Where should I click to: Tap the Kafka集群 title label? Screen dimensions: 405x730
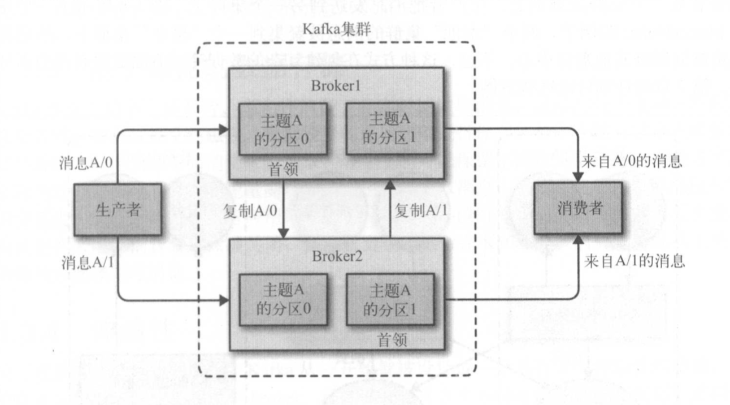337,30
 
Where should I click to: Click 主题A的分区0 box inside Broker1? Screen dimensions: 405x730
283,129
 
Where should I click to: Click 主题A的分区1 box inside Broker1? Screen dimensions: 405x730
390,128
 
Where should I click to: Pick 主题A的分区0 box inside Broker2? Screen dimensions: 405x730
283,300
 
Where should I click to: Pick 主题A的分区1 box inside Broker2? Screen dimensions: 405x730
390,300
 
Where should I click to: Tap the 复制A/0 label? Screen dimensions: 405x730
251,210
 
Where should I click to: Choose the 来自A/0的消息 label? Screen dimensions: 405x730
632,162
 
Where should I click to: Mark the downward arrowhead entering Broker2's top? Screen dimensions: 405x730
284,234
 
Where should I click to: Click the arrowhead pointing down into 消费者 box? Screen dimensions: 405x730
578,177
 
